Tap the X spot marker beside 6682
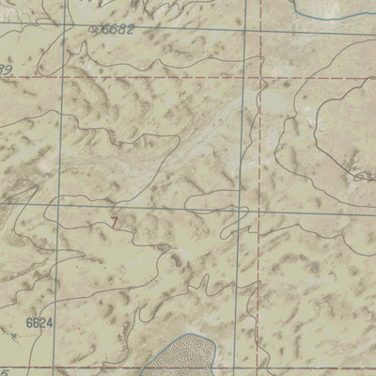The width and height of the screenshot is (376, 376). tap(92, 30)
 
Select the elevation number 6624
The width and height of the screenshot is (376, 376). tap(39, 322)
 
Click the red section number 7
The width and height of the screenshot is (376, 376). tap(115, 223)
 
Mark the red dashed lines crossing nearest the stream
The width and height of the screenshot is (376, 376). tap(256, 77)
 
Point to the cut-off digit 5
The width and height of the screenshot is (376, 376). tap(5, 372)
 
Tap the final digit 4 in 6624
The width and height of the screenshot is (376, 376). tap(48, 322)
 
